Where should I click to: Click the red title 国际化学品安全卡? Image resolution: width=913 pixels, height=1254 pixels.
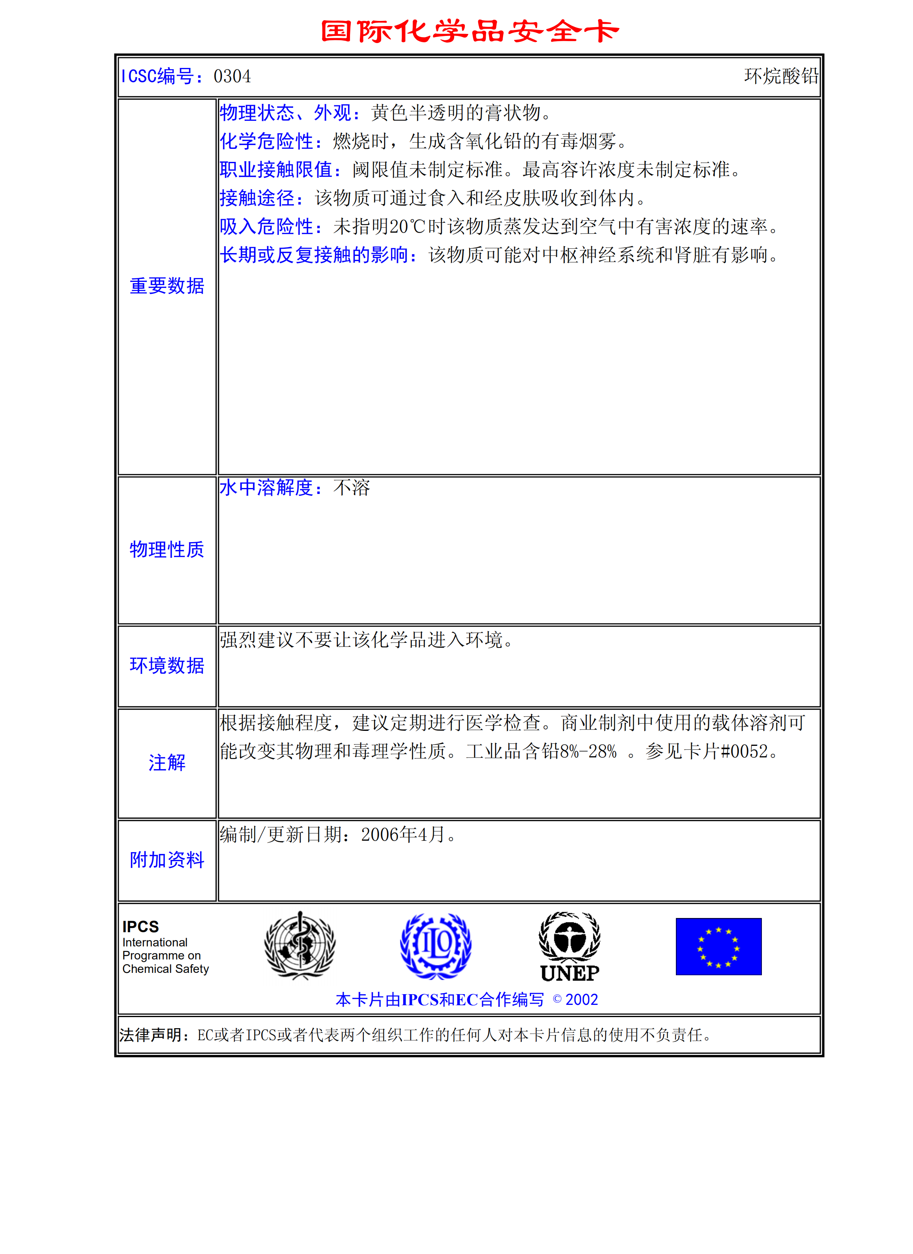470,32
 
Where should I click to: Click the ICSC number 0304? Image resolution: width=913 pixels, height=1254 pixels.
232,76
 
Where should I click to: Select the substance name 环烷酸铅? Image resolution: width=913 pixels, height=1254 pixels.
781,76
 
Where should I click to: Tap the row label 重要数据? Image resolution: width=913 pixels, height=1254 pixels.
167,286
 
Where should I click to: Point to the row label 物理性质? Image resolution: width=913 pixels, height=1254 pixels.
167,550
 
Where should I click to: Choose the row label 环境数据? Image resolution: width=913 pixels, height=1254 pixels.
167,666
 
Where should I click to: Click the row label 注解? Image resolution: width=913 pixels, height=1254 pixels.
167,763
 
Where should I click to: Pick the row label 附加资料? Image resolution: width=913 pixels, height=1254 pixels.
167,860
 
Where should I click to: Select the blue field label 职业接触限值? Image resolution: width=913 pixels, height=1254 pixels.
276,170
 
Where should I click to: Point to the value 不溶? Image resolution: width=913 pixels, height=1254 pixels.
352,488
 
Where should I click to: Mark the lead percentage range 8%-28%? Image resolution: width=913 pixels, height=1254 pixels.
588,751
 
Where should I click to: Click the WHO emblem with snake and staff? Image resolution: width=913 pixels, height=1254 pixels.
300,946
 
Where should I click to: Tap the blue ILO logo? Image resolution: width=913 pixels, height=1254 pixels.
436,946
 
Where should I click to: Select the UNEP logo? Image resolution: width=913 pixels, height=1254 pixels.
570,946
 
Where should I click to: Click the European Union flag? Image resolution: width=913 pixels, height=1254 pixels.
718,946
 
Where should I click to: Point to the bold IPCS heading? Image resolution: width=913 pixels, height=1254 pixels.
140,927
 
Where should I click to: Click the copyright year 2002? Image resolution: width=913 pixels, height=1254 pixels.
582,1000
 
